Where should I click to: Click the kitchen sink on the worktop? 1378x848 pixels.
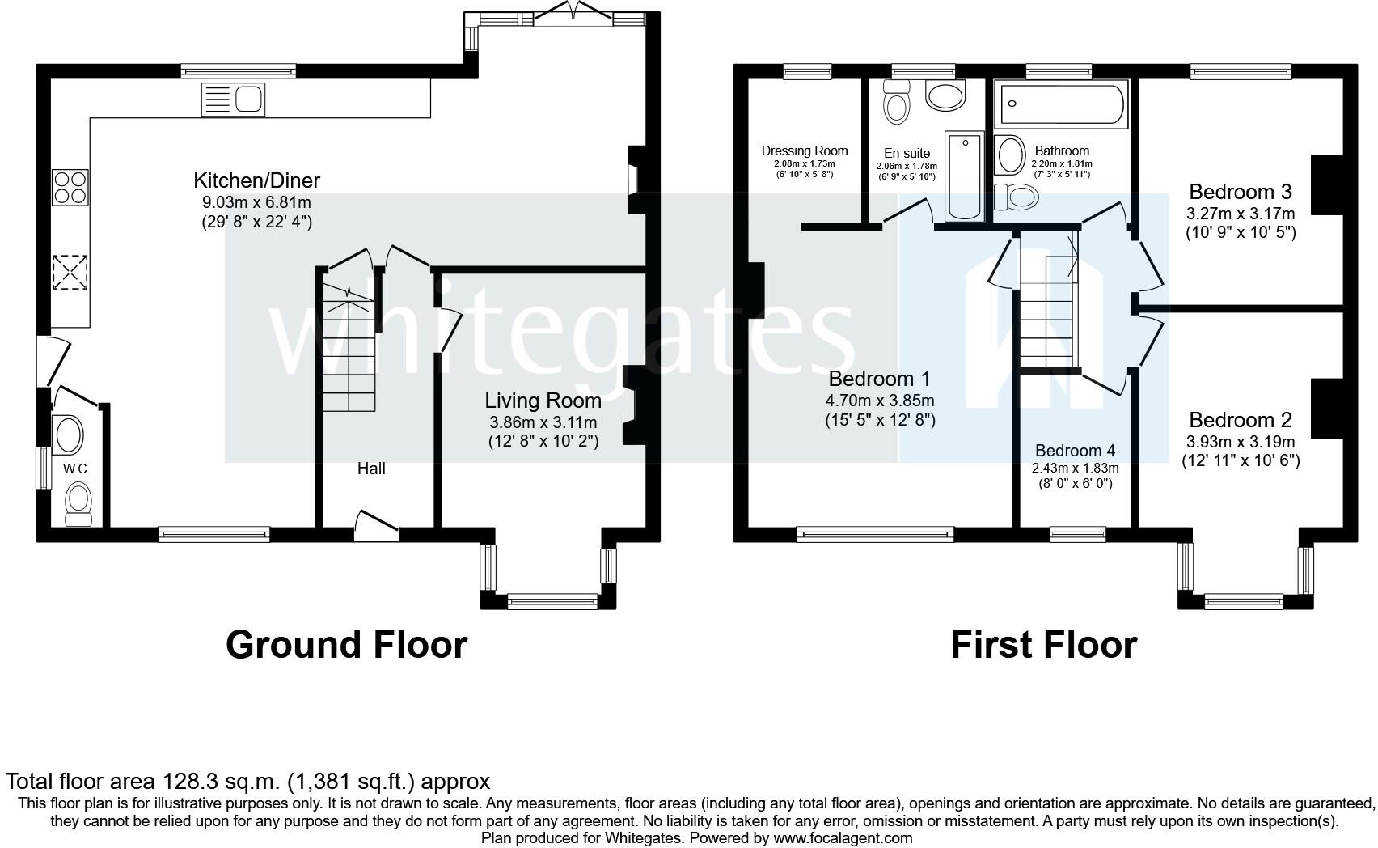tap(233, 100)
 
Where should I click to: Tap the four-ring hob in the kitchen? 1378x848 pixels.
tap(70, 188)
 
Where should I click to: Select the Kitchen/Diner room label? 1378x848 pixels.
tap(256, 180)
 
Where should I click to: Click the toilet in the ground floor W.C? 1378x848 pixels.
tap(78, 503)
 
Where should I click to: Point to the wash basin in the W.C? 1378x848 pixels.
tap(69, 435)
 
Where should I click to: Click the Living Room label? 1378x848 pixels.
tap(543, 401)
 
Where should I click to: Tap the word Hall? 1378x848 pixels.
tap(371, 469)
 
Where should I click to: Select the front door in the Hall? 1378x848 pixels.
tap(377, 527)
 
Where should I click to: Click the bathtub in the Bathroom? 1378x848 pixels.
tap(1061, 104)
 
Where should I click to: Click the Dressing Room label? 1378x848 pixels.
tap(805, 151)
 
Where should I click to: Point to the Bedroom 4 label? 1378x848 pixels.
tap(1075, 451)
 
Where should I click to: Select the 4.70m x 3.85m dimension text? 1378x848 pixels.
tap(880, 401)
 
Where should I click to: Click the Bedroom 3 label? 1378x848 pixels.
tap(1241, 192)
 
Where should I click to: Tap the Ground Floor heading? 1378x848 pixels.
tap(347, 645)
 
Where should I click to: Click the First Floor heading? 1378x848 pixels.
tap(1044, 645)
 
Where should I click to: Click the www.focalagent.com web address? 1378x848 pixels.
tap(843, 838)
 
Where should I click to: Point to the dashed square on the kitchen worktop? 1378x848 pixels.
tap(70, 272)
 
